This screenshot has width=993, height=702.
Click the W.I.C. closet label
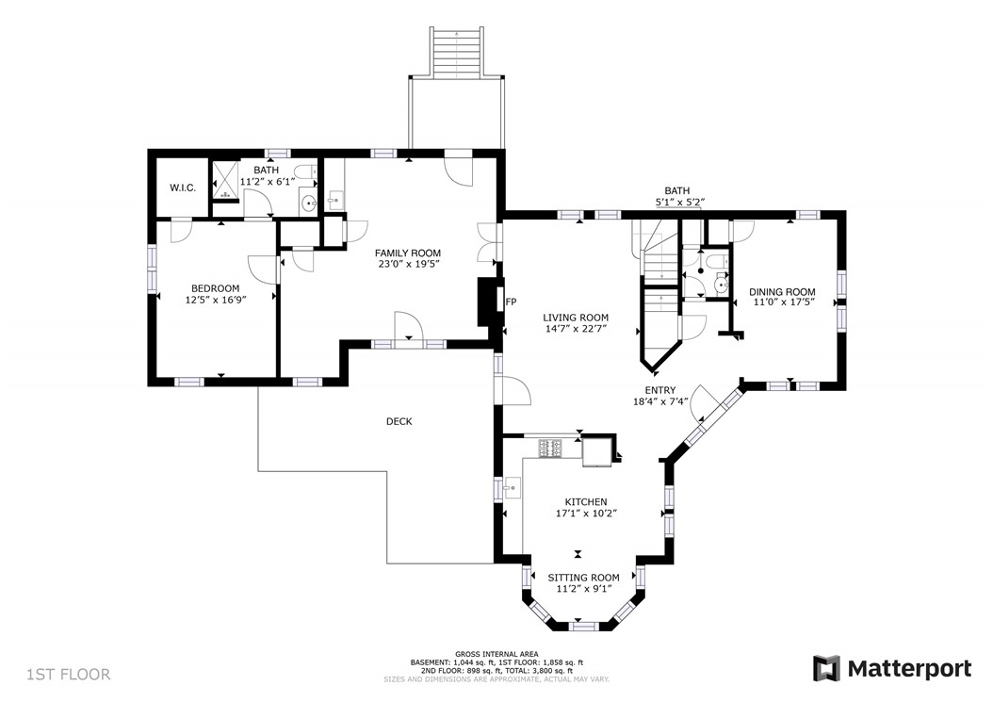point(183,188)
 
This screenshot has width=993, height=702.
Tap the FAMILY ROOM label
point(408,253)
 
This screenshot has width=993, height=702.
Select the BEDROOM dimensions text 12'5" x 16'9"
point(216,300)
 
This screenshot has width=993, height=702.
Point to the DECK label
point(399,421)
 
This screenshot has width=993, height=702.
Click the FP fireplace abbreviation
point(511,302)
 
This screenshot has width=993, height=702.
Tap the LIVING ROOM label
point(576,318)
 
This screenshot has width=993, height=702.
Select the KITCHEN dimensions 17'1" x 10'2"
point(586,514)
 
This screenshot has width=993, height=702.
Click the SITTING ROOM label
point(583,578)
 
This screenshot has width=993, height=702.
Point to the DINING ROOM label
point(782,292)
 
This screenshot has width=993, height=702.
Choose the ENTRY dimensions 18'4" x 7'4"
point(660,401)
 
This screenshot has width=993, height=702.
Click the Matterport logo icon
point(826,668)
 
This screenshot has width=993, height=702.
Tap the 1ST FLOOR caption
point(69,674)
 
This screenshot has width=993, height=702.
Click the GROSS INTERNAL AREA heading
point(496,654)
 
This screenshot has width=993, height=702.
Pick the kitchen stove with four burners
point(550,449)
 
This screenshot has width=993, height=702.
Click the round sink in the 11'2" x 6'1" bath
point(309,204)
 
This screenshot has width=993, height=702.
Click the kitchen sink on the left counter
point(512,488)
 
